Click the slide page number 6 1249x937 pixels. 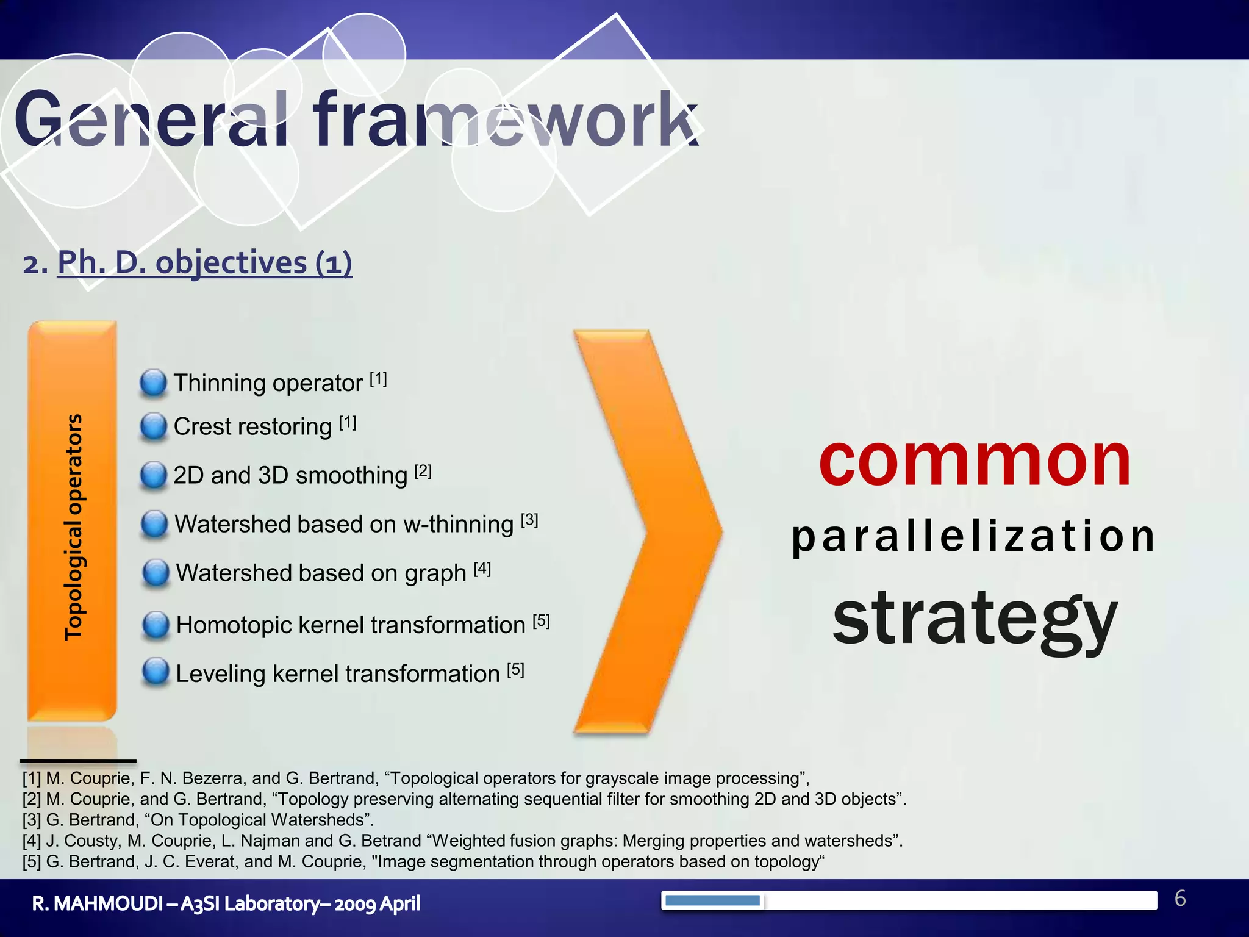(1179, 899)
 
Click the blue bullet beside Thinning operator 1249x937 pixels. (153, 383)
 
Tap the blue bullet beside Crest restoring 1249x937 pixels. (153, 426)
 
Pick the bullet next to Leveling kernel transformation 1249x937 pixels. (156, 672)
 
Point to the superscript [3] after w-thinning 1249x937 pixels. (529, 520)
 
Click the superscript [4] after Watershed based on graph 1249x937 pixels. (482, 569)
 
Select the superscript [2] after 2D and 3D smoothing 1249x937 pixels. (423, 472)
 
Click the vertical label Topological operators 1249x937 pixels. (73, 527)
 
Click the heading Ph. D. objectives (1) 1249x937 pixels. (204, 264)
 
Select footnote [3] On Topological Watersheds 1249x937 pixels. (198, 820)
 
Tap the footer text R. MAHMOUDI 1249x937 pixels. (96, 903)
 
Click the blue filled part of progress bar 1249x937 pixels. (712, 900)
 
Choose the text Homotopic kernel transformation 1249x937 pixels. (350, 625)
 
